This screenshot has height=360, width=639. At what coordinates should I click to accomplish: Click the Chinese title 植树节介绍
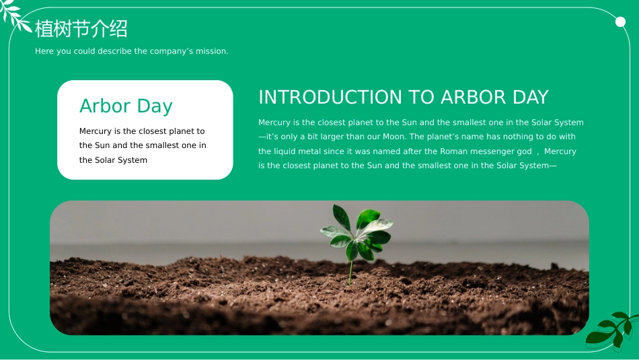(81, 29)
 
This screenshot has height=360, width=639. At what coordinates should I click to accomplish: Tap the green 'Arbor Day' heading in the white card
(126, 106)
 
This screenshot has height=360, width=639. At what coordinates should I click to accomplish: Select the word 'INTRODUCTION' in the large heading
(330, 97)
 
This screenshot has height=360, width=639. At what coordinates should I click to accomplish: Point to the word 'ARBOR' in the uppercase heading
(473, 97)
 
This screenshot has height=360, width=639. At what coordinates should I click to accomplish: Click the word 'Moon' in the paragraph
(393, 137)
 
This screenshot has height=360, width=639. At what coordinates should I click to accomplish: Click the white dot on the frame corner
(620, 22)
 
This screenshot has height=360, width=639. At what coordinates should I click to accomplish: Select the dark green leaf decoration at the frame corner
(611, 330)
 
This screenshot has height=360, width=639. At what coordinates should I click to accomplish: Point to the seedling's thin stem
(350, 273)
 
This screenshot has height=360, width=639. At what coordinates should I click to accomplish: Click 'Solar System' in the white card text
(121, 160)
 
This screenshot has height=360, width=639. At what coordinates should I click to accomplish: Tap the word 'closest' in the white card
(153, 131)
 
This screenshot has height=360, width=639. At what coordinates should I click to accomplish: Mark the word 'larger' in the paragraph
(332, 137)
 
